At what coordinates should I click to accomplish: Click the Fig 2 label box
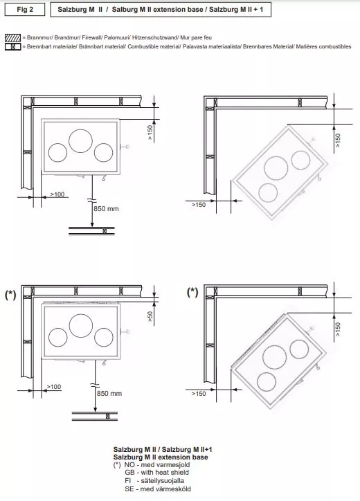(25, 10)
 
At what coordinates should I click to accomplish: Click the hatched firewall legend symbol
(12, 37)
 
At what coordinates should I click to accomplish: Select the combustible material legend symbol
(12, 46)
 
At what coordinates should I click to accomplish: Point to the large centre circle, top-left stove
(80, 141)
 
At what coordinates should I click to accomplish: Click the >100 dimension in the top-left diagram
(57, 194)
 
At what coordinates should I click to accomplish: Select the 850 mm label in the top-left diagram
(106, 209)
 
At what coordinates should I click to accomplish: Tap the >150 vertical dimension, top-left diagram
(150, 133)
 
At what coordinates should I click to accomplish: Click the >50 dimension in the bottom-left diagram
(150, 316)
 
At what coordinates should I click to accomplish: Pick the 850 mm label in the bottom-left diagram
(109, 394)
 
